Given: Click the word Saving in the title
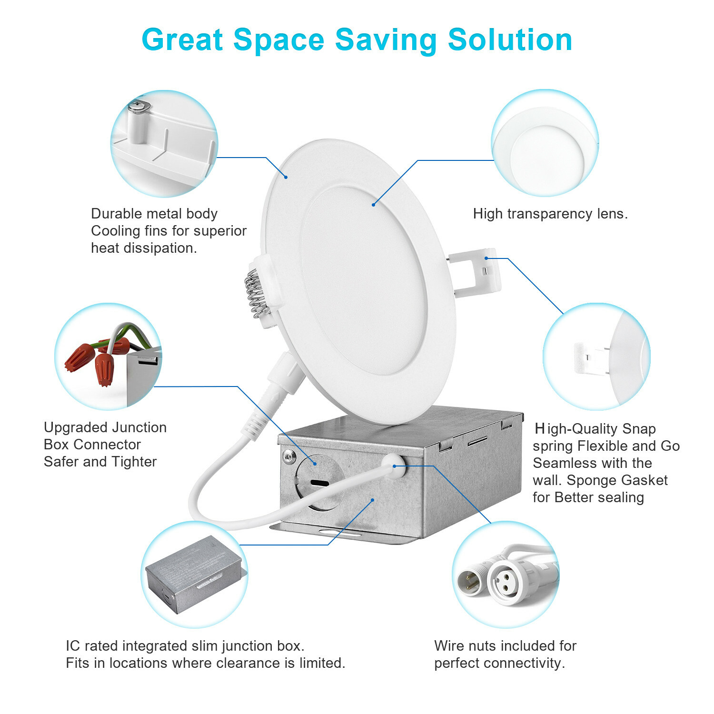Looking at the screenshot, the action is pos(386,41).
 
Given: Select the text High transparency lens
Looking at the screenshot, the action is pos(550,214).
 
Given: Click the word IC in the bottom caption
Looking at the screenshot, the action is pos(73,646).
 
